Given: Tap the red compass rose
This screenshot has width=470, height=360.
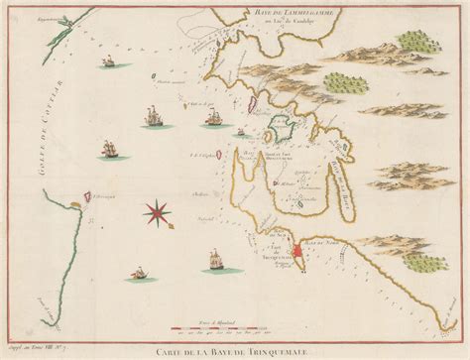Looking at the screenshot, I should click(x=157, y=210).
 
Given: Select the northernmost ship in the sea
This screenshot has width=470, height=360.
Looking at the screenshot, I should click(x=102, y=64).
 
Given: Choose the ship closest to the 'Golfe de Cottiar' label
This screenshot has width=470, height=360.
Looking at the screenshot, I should click(x=109, y=151).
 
